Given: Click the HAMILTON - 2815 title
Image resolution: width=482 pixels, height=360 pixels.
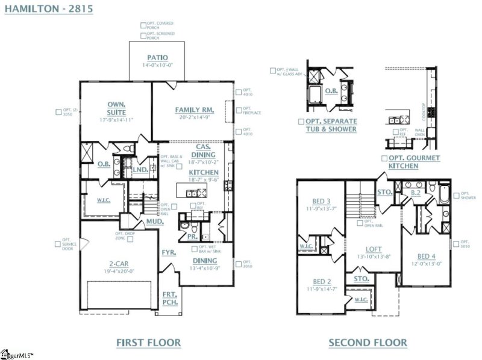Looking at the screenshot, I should (x=48, y=10).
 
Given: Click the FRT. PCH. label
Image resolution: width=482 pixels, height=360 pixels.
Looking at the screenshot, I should (x=170, y=298).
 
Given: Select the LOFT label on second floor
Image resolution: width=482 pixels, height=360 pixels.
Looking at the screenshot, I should (x=374, y=249).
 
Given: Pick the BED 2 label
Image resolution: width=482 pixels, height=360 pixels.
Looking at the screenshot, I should (x=322, y=281).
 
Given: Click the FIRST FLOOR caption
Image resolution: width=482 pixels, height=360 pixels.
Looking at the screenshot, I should (x=148, y=343).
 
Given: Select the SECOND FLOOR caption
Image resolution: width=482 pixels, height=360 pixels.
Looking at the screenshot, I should (x=368, y=343).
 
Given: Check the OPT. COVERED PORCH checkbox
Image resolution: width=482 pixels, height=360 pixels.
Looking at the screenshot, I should (x=143, y=25).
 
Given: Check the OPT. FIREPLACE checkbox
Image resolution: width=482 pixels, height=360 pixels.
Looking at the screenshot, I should (x=239, y=110).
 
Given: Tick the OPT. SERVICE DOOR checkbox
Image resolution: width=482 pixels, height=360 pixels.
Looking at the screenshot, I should (x=58, y=244).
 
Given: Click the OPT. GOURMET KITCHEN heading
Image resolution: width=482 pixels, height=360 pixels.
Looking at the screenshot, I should (x=411, y=161).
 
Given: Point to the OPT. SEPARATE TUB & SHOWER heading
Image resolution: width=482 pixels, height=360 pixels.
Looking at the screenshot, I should (x=327, y=125).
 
